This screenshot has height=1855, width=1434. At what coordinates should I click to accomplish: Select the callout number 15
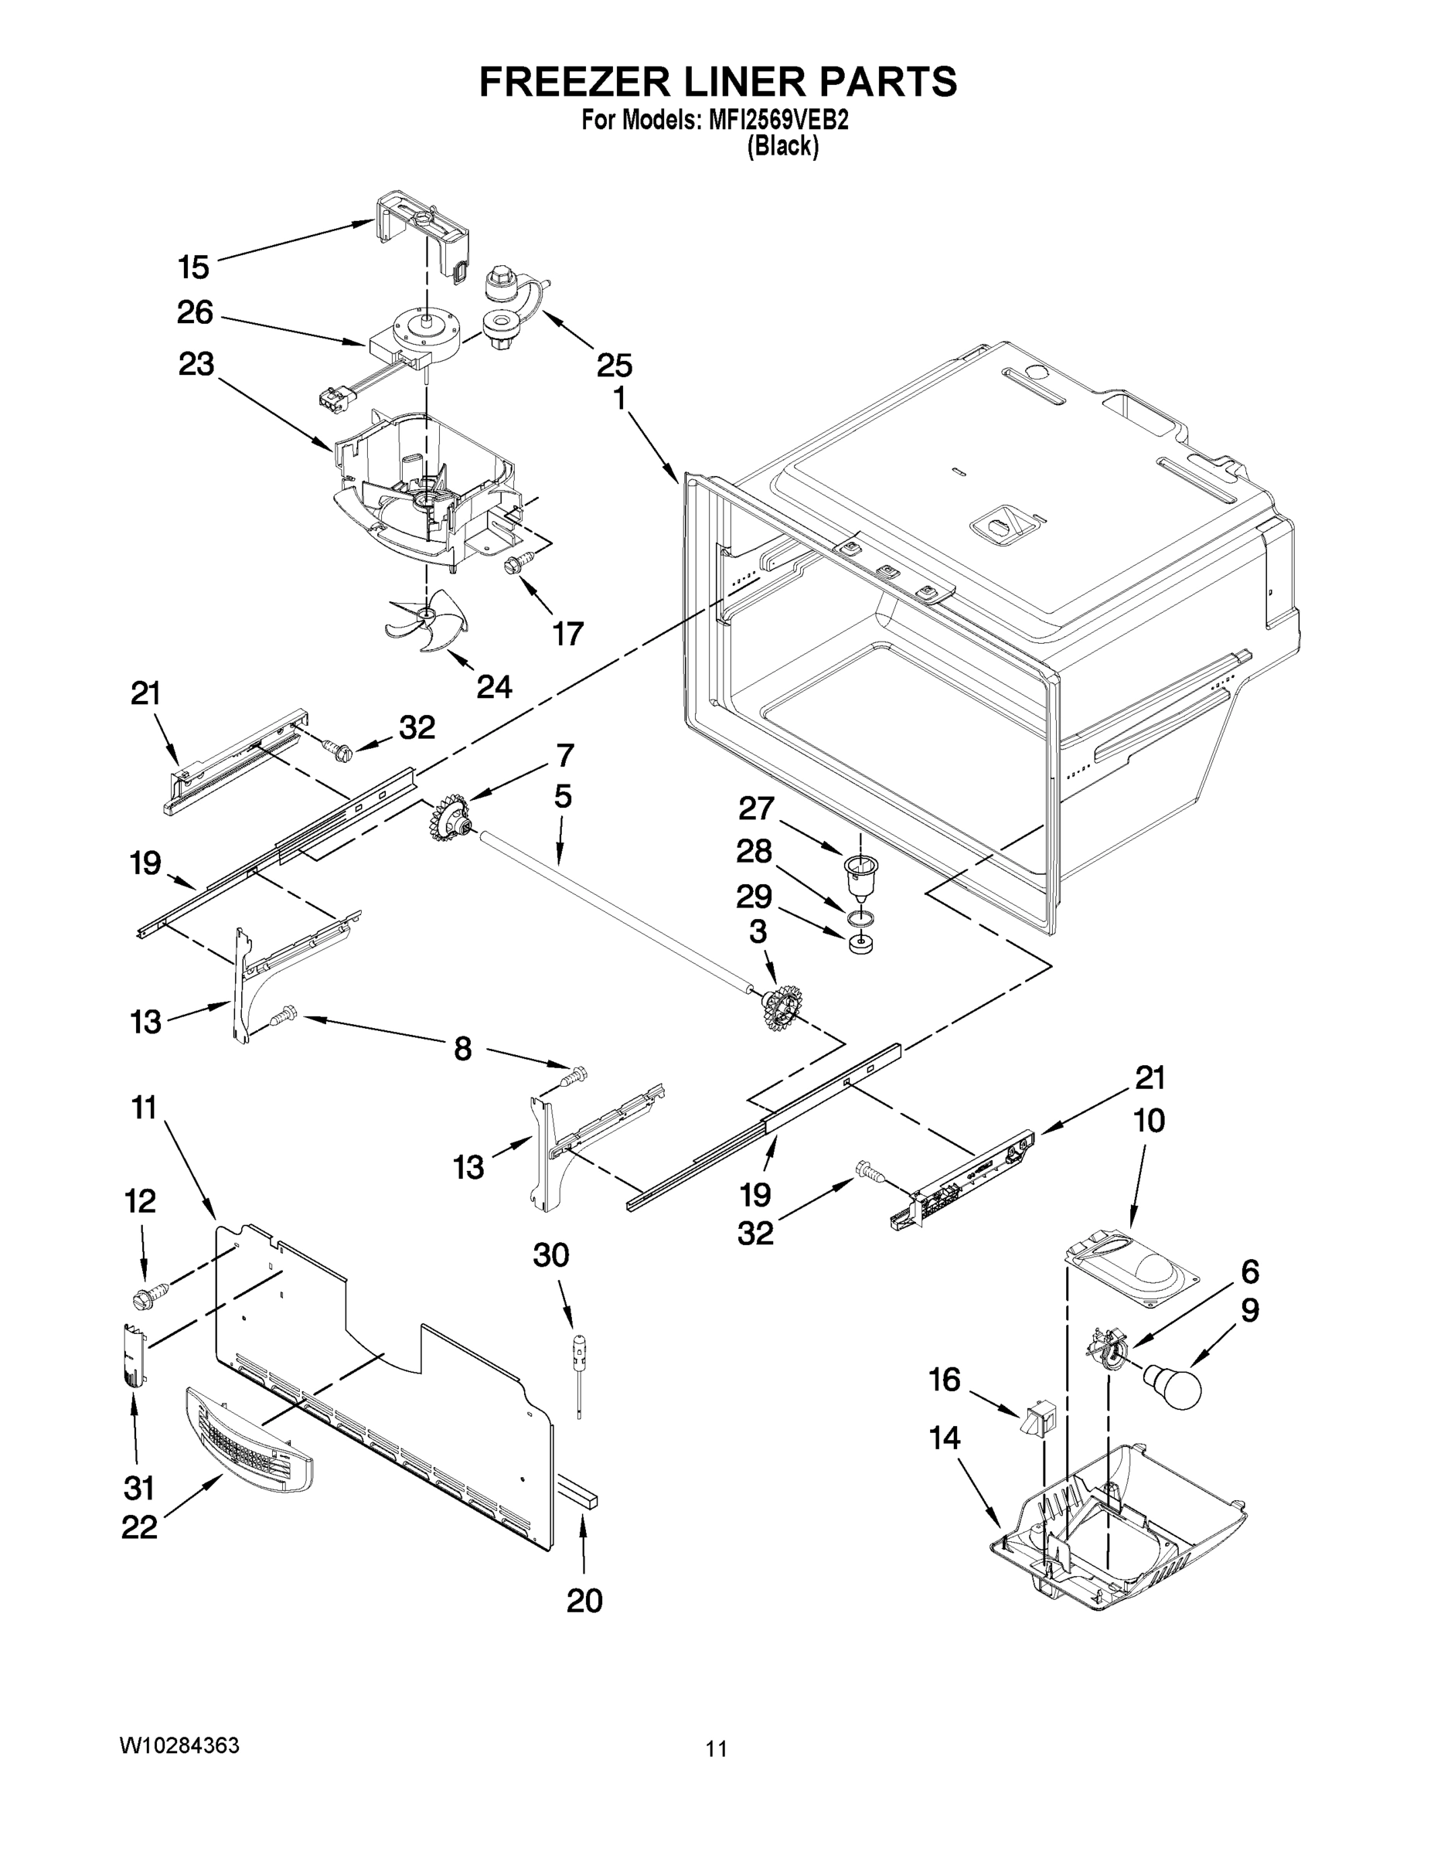coord(194,267)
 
